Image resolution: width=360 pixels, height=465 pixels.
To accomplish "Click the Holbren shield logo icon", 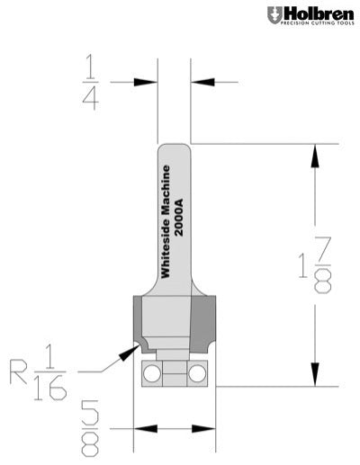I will coord(272,15).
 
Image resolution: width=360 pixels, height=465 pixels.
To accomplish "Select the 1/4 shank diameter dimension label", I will coord(90,81).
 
